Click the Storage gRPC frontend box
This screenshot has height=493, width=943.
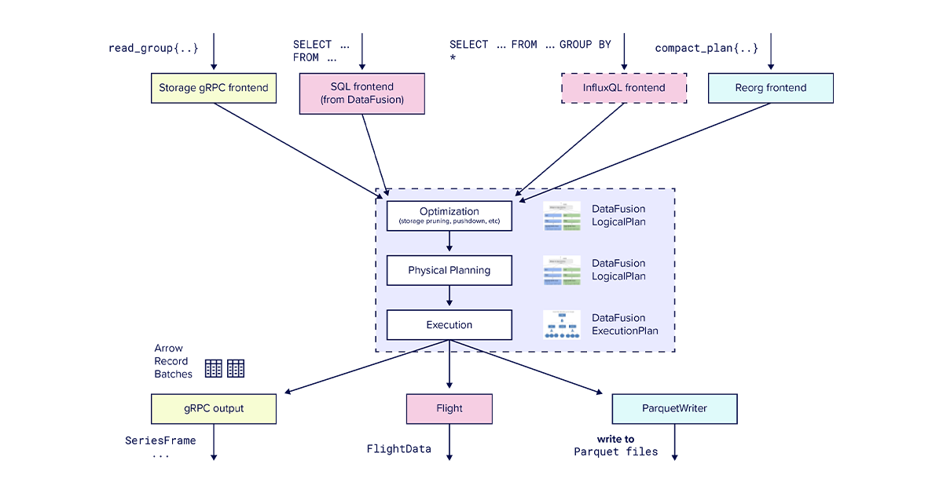click(213, 88)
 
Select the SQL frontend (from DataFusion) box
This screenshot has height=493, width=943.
click(361, 93)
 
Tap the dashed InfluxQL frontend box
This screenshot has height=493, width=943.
click(624, 88)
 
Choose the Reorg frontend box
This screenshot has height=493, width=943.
click(770, 88)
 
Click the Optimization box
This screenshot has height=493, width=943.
click(449, 216)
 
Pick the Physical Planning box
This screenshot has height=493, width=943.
click(449, 270)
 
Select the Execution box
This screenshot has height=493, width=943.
click(449, 325)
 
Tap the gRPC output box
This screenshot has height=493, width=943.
click(213, 409)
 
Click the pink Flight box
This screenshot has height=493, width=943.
click(449, 409)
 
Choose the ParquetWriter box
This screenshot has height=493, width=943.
click(674, 409)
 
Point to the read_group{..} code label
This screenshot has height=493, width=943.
click(153, 48)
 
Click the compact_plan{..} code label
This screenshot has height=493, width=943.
click(706, 48)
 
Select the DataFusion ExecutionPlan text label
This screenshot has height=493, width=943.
click(618, 324)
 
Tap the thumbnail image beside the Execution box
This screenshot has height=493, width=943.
click(561, 325)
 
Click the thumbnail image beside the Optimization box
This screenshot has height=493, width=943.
click(561, 216)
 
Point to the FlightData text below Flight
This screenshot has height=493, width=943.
click(398, 449)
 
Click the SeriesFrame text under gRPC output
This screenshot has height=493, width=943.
click(160, 440)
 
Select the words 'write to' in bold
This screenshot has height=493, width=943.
click(615, 439)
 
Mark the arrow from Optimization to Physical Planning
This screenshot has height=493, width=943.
click(449, 243)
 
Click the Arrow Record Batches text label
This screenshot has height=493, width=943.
click(173, 361)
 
